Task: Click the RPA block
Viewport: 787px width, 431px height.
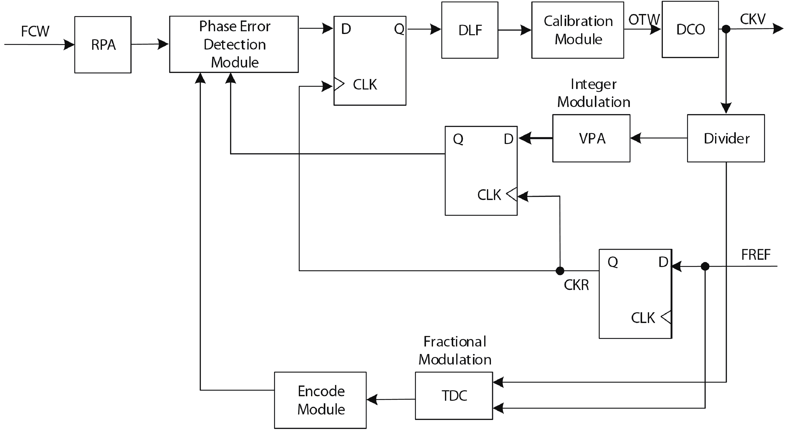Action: (x=103, y=45)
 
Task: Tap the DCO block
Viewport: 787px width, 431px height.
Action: (x=690, y=29)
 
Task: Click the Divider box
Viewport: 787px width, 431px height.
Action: (x=726, y=138)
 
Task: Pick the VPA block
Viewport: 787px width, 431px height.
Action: (x=591, y=138)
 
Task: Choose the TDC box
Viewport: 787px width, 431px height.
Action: (x=454, y=395)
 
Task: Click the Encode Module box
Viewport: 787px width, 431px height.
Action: (x=320, y=400)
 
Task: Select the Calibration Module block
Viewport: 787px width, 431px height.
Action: (x=578, y=30)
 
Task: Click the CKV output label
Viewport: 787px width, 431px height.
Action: (x=753, y=19)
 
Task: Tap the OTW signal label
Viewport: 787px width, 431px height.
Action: (x=644, y=19)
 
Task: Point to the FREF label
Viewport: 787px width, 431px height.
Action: (x=756, y=255)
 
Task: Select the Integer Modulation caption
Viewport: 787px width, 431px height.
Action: (x=594, y=93)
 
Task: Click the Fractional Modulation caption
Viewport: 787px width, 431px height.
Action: (x=455, y=350)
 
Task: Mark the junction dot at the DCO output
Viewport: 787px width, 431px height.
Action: (x=726, y=29)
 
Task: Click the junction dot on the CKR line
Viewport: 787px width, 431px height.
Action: (x=560, y=270)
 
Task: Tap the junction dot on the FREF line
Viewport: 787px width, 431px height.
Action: (x=705, y=266)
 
